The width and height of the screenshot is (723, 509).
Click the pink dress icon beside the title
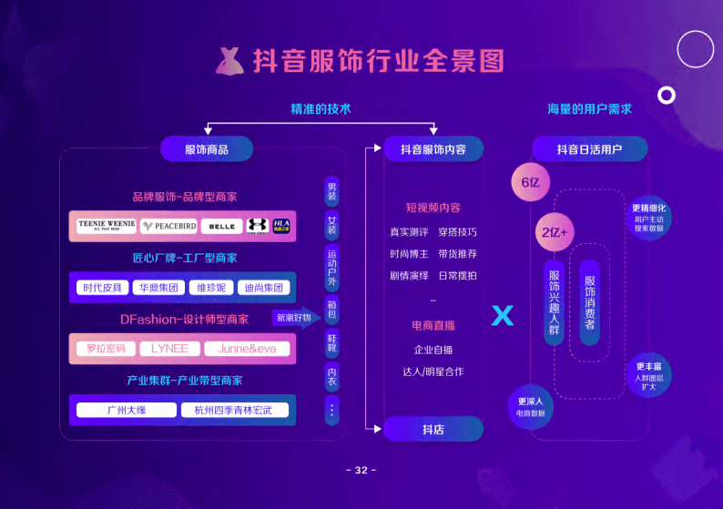coord(229,61)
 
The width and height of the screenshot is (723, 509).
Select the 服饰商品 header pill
coord(206,149)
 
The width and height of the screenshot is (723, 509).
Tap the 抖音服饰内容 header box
coord(433,149)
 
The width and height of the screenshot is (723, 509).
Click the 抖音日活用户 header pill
coord(589,149)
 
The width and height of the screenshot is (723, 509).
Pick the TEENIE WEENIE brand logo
coord(107,225)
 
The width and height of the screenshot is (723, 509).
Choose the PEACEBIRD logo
coord(168,225)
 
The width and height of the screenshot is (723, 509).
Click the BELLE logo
coord(220,225)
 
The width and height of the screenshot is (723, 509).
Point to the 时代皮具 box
coord(102,288)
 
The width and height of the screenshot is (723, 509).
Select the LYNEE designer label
coord(169,349)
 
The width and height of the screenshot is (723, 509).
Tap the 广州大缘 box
coord(126,411)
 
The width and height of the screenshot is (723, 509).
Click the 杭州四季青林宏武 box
coord(235,411)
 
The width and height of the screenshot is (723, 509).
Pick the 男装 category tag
coord(331,191)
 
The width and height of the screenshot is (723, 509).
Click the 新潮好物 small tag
coord(293,318)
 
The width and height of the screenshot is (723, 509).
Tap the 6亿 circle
coord(531,182)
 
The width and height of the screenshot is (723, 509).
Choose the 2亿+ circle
coord(554,232)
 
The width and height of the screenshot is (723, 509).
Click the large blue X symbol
coord(503,316)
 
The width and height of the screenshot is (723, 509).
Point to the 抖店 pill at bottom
coord(433,429)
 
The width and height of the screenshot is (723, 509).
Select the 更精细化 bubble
coord(649,218)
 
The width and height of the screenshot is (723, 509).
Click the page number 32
coord(361,471)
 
